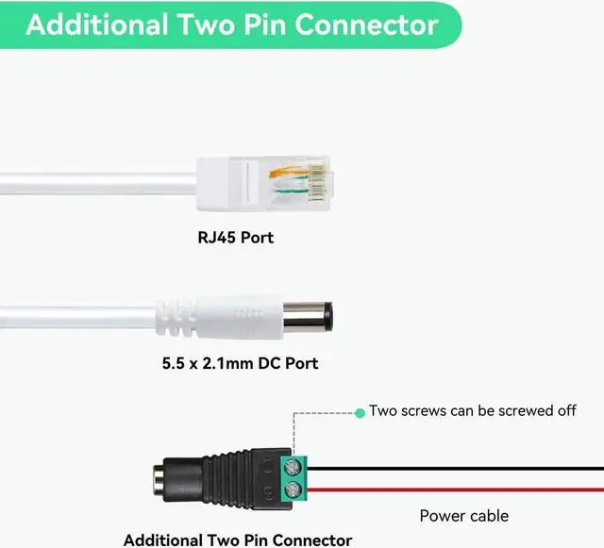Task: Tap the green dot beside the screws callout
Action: click(360, 412)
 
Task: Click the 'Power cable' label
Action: click(463, 516)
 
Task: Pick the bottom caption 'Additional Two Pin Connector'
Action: click(238, 540)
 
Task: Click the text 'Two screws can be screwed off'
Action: click(472, 411)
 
